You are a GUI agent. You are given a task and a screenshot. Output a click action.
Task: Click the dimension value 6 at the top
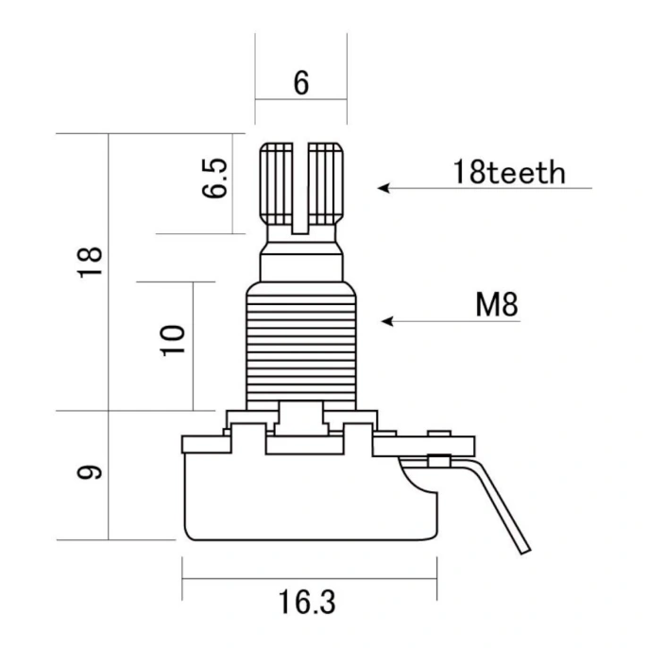coord(300,83)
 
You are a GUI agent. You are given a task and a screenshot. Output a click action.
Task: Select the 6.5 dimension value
coord(214,178)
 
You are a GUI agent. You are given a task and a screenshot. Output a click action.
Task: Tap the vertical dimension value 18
coord(90,262)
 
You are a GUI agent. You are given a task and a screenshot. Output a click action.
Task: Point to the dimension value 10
coord(172,340)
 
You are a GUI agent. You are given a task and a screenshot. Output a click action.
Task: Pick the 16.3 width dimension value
coord(307,602)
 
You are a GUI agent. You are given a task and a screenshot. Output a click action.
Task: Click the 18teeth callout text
coord(509,172)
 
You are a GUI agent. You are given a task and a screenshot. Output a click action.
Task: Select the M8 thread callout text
coord(496,304)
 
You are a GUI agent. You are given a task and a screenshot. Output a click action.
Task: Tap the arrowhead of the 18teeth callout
coord(383,188)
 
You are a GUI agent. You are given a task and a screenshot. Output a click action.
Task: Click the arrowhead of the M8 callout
coord(386,321)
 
